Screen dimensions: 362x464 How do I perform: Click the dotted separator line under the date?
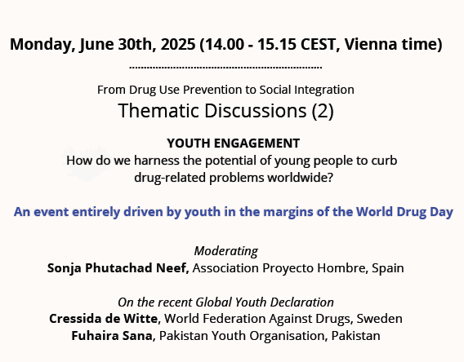tap(225, 68)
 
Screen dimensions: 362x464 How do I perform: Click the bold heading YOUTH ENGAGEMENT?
tap(233, 142)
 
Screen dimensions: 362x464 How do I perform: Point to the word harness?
tap(158, 159)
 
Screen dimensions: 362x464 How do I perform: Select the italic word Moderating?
tap(225, 250)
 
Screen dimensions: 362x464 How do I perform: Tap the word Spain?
tap(386, 267)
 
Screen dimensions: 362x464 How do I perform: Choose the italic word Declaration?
tap(302, 302)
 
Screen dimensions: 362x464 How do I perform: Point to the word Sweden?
tap(381, 318)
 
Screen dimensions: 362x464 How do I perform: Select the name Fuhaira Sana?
tap(110, 335)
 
